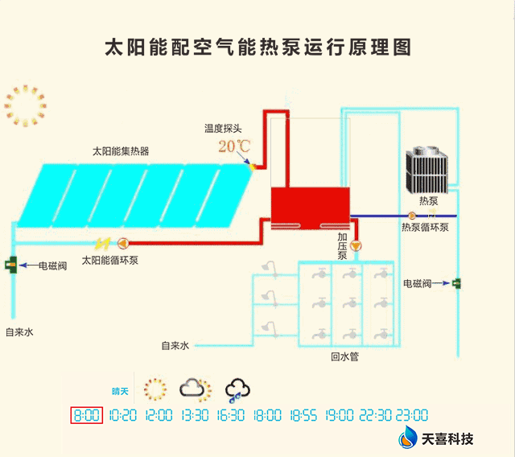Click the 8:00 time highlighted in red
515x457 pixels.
(87, 415)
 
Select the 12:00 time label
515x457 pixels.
(159, 415)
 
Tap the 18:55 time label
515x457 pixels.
(303, 415)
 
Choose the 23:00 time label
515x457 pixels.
(412, 415)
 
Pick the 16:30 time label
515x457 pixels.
(231, 415)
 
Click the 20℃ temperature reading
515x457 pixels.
(234, 146)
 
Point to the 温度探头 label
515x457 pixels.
(223, 129)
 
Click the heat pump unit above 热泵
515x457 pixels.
(427, 170)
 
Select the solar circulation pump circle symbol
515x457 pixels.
(123, 243)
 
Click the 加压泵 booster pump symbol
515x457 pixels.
(356, 245)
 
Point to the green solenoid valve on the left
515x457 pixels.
(10, 265)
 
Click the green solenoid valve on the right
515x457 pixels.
(456, 283)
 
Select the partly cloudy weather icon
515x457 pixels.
(196, 389)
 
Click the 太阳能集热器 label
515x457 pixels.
(121, 151)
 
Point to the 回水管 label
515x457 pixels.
(345, 357)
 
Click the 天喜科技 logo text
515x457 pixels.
(447, 439)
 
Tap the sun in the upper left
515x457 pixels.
(25, 105)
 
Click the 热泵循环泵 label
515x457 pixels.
(425, 227)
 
